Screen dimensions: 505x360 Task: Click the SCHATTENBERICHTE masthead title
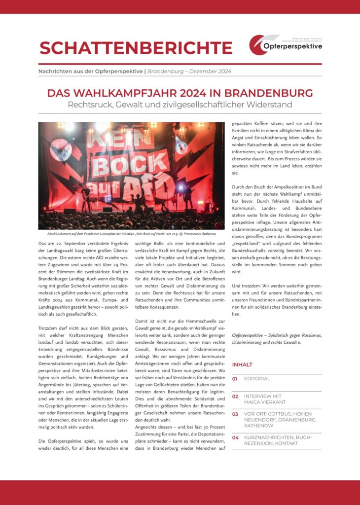pyautogui.click(x=136, y=48)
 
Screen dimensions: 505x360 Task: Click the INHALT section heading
pyautogui.click(x=242, y=364)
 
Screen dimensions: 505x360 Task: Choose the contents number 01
pyautogui.click(x=235, y=379)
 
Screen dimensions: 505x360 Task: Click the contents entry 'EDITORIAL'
pyautogui.click(x=257, y=379)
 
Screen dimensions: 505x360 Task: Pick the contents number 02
pyautogui.click(x=235, y=396)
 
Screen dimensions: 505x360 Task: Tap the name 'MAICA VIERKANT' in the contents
pyautogui.click(x=264, y=402)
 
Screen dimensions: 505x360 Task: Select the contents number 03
pyautogui.click(x=235, y=414)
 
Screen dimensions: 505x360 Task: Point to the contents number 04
pyautogui.click(x=235, y=437)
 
